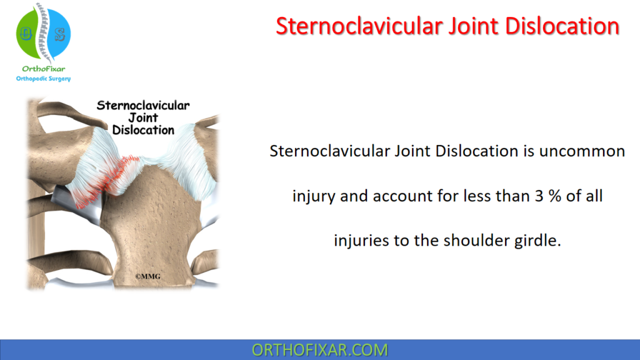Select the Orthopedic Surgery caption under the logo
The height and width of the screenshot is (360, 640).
[x=43, y=79]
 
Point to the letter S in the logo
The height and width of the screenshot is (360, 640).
[x=60, y=34]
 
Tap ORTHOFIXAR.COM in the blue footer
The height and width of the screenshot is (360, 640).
[x=319, y=349]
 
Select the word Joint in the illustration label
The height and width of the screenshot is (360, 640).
[x=143, y=118]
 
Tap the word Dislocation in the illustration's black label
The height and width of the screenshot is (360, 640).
[x=143, y=130]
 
